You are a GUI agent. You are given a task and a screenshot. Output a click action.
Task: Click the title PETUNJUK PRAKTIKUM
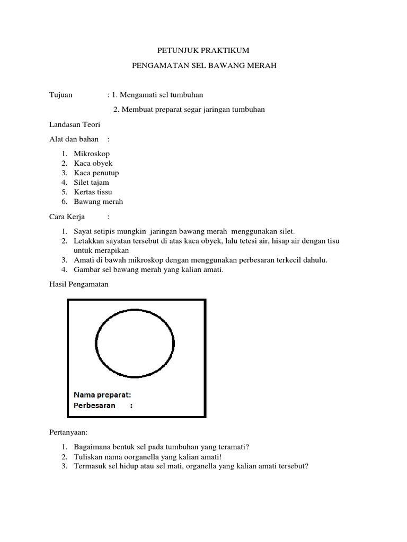pyautogui.click(x=203, y=50)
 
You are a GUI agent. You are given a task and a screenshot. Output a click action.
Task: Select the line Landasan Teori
pyautogui.click(x=75, y=124)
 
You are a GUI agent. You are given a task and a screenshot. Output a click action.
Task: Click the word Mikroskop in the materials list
pyautogui.click(x=92, y=153)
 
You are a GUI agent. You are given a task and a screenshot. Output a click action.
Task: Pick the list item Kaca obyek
pyautogui.click(x=93, y=163)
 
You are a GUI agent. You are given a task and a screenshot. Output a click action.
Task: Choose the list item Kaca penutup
pyautogui.click(x=96, y=173)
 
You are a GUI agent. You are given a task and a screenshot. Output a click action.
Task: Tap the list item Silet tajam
pyautogui.click(x=91, y=182)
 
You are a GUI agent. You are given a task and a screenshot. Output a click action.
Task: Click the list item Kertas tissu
pyautogui.click(x=93, y=192)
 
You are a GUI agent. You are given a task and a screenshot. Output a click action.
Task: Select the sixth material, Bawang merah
pyautogui.click(x=98, y=201)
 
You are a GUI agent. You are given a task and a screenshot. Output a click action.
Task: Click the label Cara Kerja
pyautogui.click(x=67, y=216)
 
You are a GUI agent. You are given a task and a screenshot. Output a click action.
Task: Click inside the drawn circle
pyautogui.click(x=135, y=342)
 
